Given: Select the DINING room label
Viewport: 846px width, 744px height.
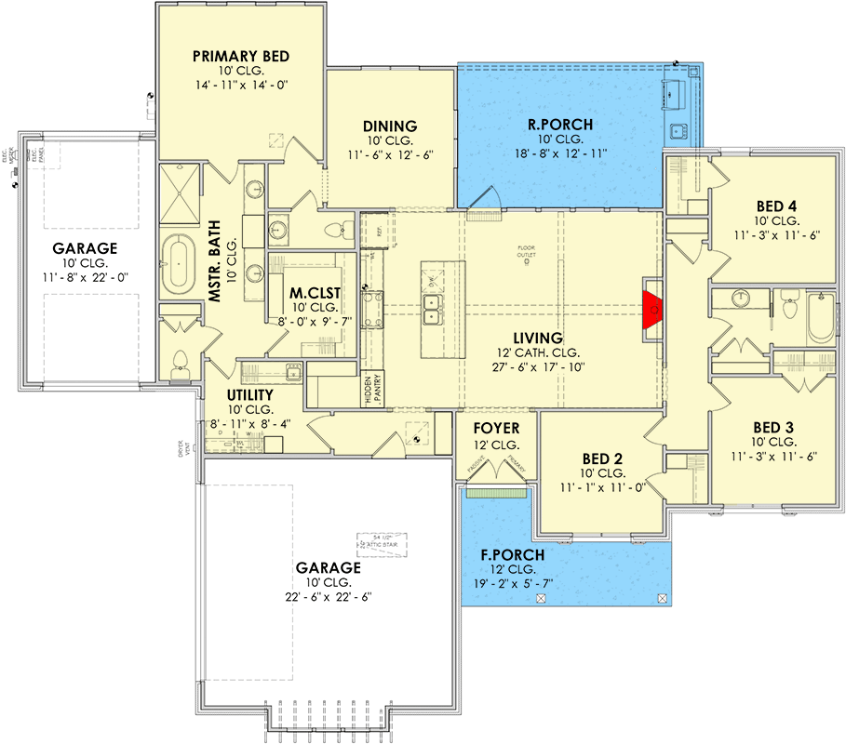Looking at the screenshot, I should pyautogui.click(x=390, y=126).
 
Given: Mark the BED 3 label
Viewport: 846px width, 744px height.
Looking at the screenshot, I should pyautogui.click(x=776, y=429).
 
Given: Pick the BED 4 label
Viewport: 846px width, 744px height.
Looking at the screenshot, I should pyautogui.click(x=776, y=206).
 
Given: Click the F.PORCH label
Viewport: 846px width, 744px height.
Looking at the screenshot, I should pyautogui.click(x=513, y=555).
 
